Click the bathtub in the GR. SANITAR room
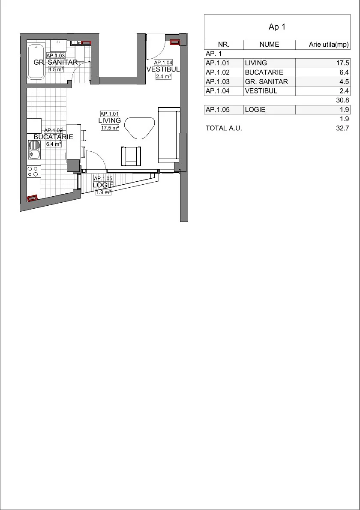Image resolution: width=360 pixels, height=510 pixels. click(36, 61)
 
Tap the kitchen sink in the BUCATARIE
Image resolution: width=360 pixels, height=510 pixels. click(34, 150)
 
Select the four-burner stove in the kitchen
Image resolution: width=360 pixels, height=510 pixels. click(34, 171)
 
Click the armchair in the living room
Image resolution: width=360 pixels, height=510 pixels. click(132, 157)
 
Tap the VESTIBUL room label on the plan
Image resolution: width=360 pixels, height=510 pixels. click(163, 69)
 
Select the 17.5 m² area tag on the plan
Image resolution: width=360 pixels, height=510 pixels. click(110, 128)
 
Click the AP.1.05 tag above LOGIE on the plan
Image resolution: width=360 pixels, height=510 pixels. click(103, 179)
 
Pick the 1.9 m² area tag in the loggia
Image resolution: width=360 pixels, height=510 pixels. click(103, 192)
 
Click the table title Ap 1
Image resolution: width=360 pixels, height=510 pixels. click(277, 27)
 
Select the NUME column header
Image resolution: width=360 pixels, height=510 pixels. click(269, 45)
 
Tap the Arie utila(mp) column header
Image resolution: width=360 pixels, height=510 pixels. click(329, 45)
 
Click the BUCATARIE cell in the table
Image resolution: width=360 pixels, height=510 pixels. click(264, 72)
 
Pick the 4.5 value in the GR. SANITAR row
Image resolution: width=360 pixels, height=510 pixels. click(344, 81)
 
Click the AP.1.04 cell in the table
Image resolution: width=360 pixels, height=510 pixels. click(218, 91)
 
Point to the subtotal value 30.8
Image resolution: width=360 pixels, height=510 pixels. click(342, 100)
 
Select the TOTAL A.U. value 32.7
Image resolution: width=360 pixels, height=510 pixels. click(342, 128)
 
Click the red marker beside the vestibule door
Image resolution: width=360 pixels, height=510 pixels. click(174, 42)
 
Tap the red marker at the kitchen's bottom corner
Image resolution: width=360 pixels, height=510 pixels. click(32, 198)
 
